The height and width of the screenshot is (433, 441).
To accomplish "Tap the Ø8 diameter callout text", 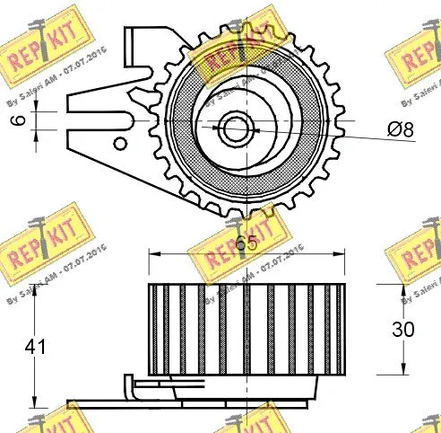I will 401,131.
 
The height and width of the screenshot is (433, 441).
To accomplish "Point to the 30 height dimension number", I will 403,329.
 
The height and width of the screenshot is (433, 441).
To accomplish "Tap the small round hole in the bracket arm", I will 118,142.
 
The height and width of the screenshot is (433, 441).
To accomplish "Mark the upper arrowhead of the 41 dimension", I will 34,289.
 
